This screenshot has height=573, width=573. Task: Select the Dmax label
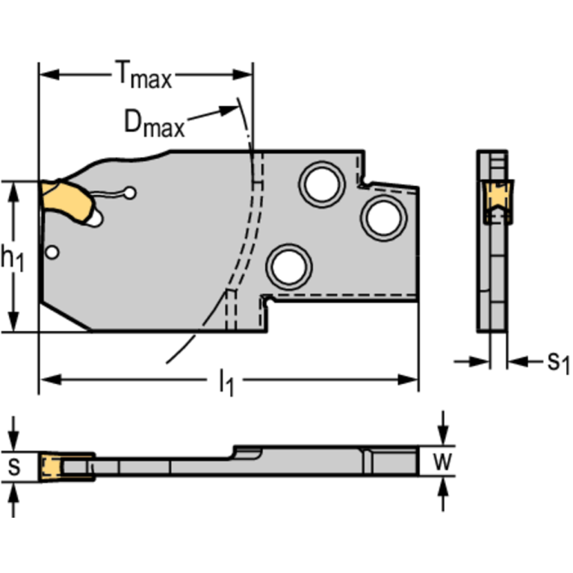click(154, 123)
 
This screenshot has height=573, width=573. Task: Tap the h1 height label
click(13, 258)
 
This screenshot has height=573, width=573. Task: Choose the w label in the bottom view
click(443, 462)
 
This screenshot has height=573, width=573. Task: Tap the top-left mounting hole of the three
click(321, 182)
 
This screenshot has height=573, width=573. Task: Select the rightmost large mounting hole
click(382, 217)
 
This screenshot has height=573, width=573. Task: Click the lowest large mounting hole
click(289, 266)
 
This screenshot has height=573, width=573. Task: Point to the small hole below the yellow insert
click(51, 253)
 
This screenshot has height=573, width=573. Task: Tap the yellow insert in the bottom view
click(50, 466)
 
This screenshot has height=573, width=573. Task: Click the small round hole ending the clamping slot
click(131, 193)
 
